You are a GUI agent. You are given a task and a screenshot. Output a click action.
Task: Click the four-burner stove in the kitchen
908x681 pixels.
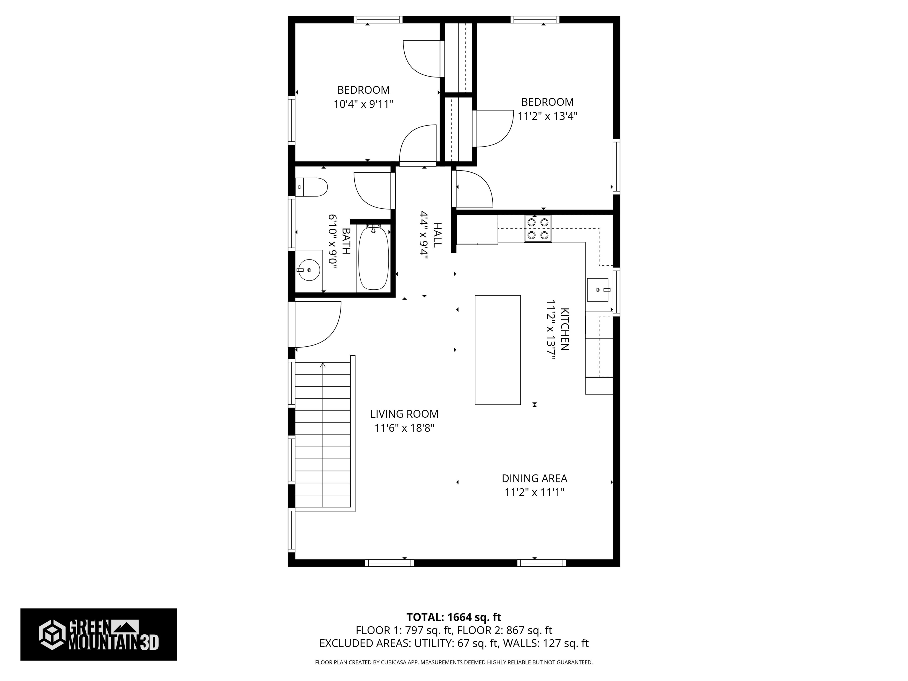pos(538,228)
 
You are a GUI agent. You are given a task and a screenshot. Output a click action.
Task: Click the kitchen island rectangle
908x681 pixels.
pos(497,350)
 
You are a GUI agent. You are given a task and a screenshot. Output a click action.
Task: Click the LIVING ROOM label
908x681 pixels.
pos(404,414)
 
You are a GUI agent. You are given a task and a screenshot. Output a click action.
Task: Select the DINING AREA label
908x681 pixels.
pos(534,478)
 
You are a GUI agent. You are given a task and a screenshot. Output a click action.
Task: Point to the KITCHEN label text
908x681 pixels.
pos(565,329)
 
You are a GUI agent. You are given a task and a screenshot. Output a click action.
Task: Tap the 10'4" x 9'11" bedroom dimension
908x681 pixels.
pos(363,104)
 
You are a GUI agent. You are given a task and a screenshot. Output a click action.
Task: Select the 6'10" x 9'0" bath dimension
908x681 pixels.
pos(333,241)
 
